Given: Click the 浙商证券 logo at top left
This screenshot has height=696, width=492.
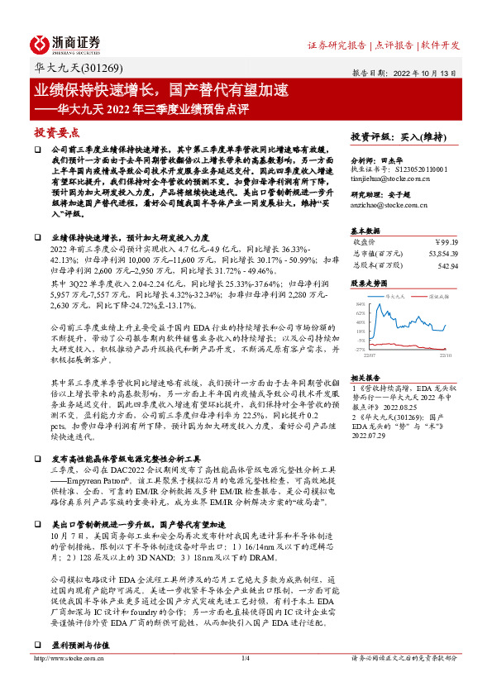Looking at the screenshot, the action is tap(65, 44).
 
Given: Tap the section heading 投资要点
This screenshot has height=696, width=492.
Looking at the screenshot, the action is tap(56, 132).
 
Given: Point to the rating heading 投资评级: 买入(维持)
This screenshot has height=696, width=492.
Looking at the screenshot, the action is tap(398, 136).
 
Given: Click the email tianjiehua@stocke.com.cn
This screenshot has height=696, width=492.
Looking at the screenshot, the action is tap(389, 178).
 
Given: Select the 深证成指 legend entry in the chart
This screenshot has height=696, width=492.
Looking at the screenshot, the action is tap(436, 295).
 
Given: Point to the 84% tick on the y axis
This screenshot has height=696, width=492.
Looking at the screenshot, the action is tap(360, 304).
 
